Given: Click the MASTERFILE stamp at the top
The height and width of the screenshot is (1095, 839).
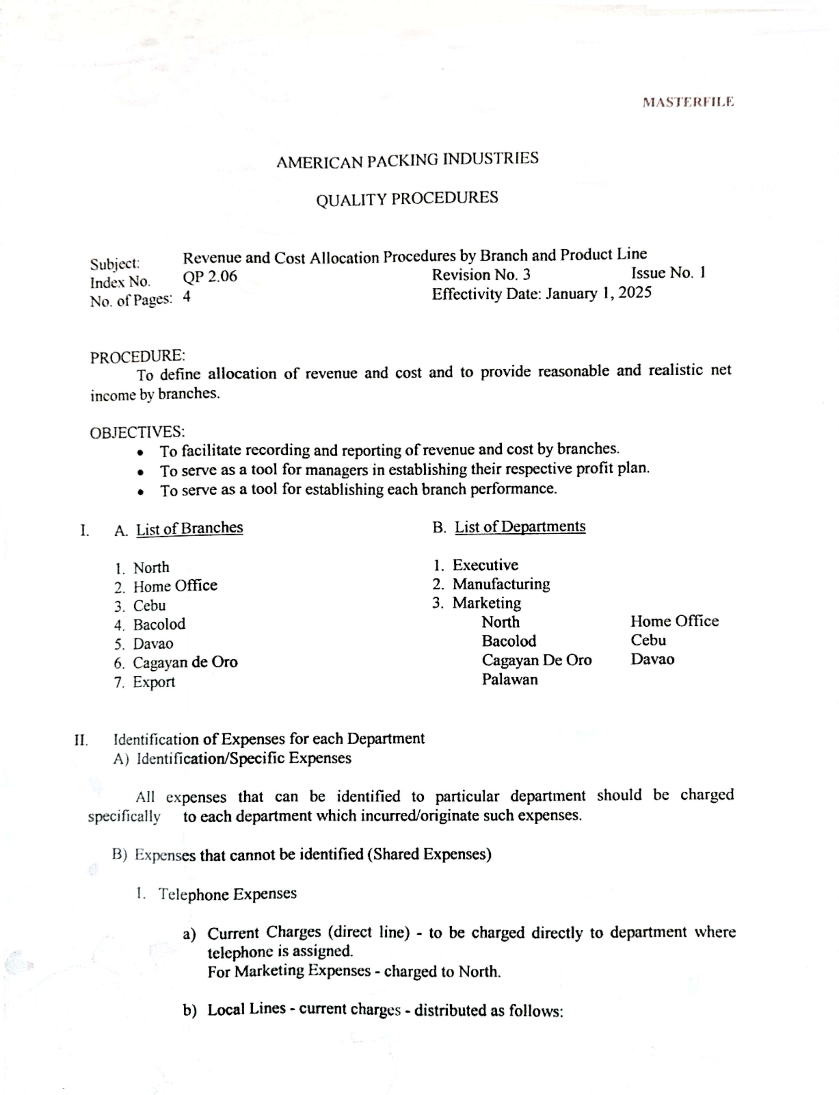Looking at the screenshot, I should click(688, 103).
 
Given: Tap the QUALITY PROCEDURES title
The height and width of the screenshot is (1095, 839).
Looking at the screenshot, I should click(407, 199).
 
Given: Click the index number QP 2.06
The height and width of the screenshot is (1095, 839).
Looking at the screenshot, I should click(210, 276).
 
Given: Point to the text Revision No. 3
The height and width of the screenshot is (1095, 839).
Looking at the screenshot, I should click(481, 275).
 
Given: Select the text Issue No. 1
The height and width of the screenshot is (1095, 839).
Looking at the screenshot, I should click(668, 273).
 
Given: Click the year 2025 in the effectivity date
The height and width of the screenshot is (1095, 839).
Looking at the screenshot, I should click(635, 292).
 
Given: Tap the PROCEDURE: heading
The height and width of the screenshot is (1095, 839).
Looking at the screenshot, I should click(137, 357).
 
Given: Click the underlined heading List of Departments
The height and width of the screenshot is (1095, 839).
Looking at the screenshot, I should click(520, 527).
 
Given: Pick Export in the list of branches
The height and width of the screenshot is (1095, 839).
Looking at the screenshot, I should click(154, 682).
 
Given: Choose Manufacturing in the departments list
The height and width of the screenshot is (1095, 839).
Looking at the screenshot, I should click(501, 584).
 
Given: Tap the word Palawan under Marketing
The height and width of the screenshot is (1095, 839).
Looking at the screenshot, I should click(509, 680).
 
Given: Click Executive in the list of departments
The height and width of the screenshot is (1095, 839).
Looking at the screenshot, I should click(485, 565).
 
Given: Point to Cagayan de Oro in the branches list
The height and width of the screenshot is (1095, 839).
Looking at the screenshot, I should click(185, 663).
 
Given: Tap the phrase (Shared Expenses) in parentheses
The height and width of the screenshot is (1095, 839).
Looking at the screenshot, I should click(430, 854).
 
